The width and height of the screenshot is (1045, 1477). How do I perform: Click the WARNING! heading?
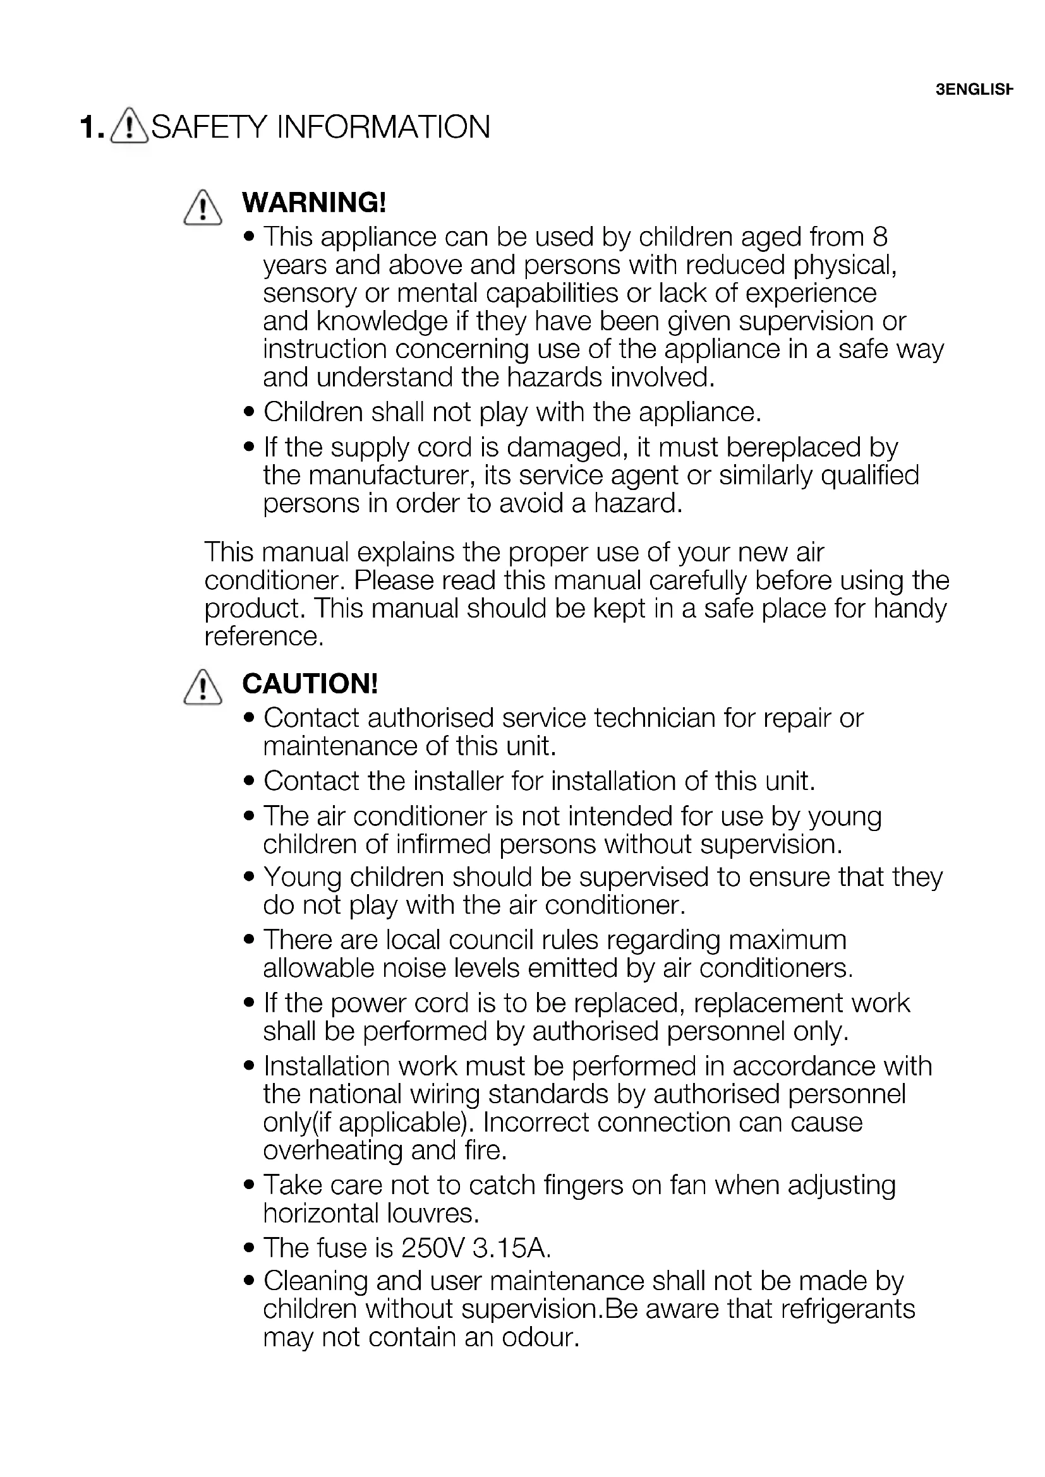tap(314, 203)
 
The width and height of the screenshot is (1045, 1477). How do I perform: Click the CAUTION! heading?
tap(310, 683)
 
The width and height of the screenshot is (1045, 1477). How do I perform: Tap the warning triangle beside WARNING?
tap(203, 208)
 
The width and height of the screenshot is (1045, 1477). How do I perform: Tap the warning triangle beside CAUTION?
tap(203, 687)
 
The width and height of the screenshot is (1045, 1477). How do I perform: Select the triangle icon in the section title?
tap(130, 126)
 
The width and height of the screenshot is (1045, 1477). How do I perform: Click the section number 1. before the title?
tap(92, 128)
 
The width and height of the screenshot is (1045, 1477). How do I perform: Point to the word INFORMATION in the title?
tap(383, 127)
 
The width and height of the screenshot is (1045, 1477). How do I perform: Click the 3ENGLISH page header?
tap(974, 90)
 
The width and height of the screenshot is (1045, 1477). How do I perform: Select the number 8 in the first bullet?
tap(880, 237)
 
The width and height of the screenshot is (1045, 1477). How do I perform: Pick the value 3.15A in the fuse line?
tap(512, 1248)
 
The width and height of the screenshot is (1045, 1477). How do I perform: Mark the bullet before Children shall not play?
tap(250, 412)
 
